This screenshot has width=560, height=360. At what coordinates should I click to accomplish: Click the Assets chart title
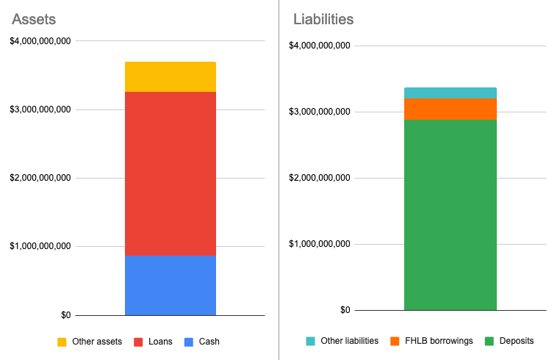click(35, 19)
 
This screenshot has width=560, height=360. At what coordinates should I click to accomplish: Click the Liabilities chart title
click(323, 19)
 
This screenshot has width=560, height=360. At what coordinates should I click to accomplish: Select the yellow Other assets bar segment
click(170, 77)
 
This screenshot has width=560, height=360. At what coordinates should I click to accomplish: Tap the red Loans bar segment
click(170, 173)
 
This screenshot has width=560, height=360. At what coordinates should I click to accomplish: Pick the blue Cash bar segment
click(170, 285)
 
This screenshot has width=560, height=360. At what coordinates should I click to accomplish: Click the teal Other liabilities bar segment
click(450, 93)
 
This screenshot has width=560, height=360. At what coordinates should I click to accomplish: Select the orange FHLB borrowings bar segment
click(450, 109)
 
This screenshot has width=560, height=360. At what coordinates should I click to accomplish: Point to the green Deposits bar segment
click(450, 215)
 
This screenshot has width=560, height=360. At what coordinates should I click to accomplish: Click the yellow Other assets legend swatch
click(62, 342)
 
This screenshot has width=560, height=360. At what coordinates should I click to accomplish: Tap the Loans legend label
click(159, 342)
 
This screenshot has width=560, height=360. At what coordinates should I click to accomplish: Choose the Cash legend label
click(209, 342)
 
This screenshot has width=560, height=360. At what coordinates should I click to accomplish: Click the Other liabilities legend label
click(351, 341)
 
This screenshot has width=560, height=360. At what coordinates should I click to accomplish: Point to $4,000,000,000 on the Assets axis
click(40, 41)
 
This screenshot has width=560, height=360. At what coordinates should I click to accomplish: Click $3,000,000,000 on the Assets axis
click(40, 109)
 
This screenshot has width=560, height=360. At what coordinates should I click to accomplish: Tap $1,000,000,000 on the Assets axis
click(40, 246)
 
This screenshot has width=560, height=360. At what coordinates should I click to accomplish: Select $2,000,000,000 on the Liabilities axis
click(320, 178)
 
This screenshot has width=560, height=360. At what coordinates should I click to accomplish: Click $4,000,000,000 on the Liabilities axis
click(320, 46)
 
